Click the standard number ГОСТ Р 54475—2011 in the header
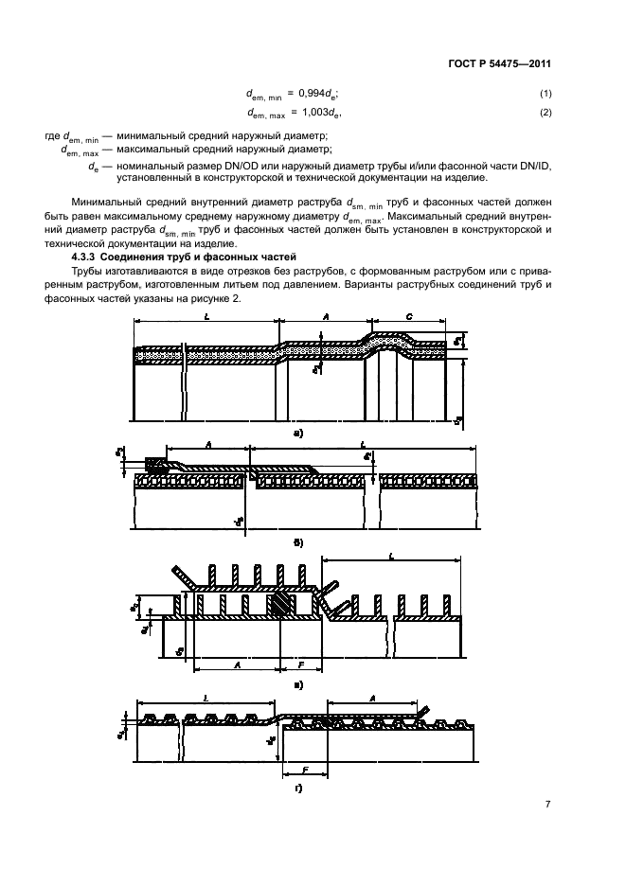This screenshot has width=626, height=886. click(500, 64)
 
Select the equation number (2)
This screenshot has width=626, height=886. click(546, 114)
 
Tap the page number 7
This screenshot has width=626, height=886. click(547, 805)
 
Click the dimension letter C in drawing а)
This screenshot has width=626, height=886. click(407, 319)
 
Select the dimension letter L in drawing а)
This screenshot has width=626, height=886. click(206, 319)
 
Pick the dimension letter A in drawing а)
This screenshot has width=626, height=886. click(325, 319)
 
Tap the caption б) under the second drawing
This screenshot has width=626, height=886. click(299, 542)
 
